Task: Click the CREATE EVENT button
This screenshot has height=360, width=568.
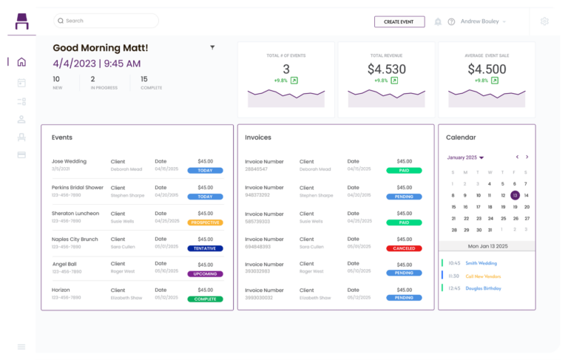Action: pyautogui.click(x=399, y=22)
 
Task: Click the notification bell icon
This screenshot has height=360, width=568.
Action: pyautogui.click(x=438, y=22)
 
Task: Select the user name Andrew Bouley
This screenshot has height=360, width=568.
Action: pyautogui.click(x=480, y=21)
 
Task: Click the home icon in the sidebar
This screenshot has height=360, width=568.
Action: pyautogui.click(x=21, y=62)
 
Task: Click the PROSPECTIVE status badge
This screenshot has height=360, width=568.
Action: pyautogui.click(x=205, y=222)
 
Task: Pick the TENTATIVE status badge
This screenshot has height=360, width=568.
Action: pyautogui.click(x=205, y=248)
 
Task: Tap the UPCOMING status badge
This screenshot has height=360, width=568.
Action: pyautogui.click(x=205, y=274)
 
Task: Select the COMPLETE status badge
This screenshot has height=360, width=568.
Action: pyautogui.click(x=205, y=299)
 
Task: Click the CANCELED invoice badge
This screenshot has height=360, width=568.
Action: pyautogui.click(x=404, y=248)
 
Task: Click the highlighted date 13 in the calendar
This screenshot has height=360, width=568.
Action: pyautogui.click(x=515, y=196)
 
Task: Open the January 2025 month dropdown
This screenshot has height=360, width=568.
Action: pyautogui.click(x=465, y=157)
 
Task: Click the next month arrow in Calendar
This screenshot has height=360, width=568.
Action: pyautogui.click(x=527, y=157)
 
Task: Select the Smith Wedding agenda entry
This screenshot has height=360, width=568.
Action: pyautogui.click(x=481, y=262)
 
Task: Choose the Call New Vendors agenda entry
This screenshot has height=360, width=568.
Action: pyautogui.click(x=484, y=275)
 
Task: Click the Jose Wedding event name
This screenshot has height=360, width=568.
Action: pyautogui.click(x=69, y=161)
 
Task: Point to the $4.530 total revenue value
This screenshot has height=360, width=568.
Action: pyautogui.click(x=387, y=69)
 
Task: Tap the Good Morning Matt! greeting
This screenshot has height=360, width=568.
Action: pyautogui.click(x=101, y=48)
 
